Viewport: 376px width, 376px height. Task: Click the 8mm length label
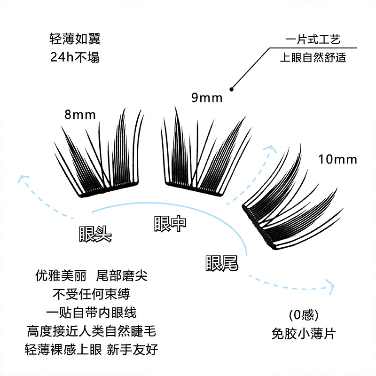(x=80, y=114)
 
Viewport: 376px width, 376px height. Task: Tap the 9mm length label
(x=206, y=98)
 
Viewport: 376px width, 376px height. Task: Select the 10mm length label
(x=337, y=159)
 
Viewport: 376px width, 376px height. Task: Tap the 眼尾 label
(x=221, y=263)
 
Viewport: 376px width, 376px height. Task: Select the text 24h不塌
(x=75, y=57)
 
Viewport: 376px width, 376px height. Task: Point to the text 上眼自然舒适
(x=313, y=58)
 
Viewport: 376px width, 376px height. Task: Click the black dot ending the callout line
(x=231, y=88)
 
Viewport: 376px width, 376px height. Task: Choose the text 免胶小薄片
(x=303, y=334)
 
